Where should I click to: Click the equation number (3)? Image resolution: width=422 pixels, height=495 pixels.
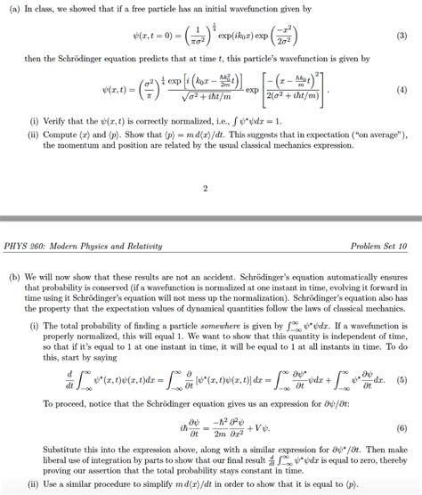tap(402, 37)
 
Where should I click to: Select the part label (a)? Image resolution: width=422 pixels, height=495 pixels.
tap(13, 8)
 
